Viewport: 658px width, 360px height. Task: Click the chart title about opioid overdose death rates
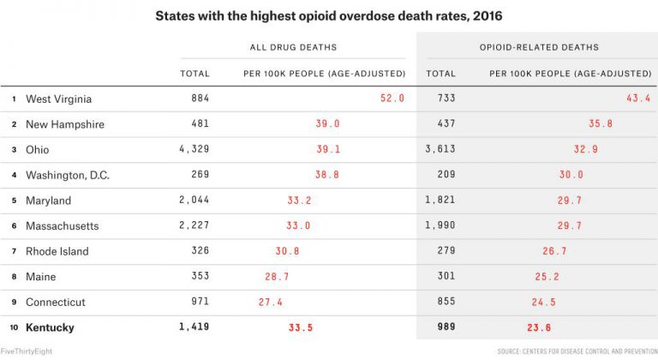(328, 15)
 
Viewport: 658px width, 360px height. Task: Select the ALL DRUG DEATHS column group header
(293, 47)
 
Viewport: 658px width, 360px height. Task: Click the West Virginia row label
(58, 99)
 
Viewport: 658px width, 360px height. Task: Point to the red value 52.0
(392, 99)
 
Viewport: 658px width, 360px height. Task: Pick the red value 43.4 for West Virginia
(638, 99)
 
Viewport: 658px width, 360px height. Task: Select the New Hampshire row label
(65, 124)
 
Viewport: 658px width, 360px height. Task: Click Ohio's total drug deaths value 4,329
(194, 149)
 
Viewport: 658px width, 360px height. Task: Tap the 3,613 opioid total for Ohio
(440, 149)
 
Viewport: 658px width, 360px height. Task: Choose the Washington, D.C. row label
(68, 175)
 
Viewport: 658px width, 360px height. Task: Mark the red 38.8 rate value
(327, 175)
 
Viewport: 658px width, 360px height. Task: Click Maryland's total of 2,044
(194, 201)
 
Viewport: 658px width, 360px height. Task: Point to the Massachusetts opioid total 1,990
(440, 225)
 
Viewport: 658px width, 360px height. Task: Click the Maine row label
(41, 277)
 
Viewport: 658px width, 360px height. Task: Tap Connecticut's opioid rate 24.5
(544, 303)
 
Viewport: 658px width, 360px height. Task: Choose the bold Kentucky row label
(50, 327)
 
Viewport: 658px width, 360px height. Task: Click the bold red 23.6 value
(537, 327)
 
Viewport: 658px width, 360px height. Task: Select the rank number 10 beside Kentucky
(12, 327)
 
